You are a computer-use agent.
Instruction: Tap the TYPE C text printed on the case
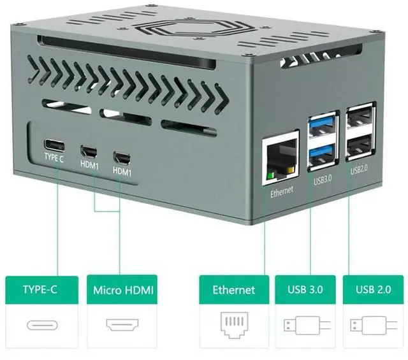54,158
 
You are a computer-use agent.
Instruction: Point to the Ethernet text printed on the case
281,191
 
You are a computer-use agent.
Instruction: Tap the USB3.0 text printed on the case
323,180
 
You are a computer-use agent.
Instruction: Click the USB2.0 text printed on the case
360,171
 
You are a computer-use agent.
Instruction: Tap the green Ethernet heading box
233,290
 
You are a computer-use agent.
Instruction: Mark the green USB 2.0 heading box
374,290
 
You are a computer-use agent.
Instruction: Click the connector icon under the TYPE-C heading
41,326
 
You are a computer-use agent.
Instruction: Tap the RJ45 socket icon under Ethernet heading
233,326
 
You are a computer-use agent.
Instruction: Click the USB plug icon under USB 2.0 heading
373,326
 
